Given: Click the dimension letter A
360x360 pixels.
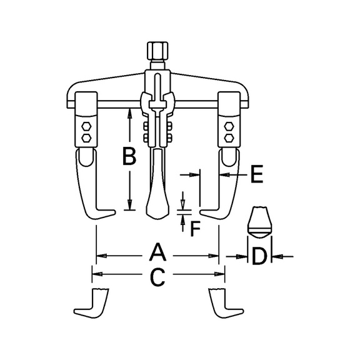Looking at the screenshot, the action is tap(157, 252).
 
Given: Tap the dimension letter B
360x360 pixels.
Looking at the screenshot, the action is tap(129, 156).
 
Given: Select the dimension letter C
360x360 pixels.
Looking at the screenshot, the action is tap(157, 277).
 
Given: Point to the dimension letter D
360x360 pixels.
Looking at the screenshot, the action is tap(259, 256).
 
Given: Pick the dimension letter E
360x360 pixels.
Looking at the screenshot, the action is tap(257, 174).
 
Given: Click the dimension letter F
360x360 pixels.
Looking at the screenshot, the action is tap(196, 229).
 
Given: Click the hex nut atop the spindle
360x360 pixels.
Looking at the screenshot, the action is tap(157, 51).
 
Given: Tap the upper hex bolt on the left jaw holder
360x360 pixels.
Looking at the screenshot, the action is tap(86, 126).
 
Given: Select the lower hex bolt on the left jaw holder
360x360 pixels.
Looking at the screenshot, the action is tap(86, 137).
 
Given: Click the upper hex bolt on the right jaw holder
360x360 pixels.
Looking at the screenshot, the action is tap(229, 126).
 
